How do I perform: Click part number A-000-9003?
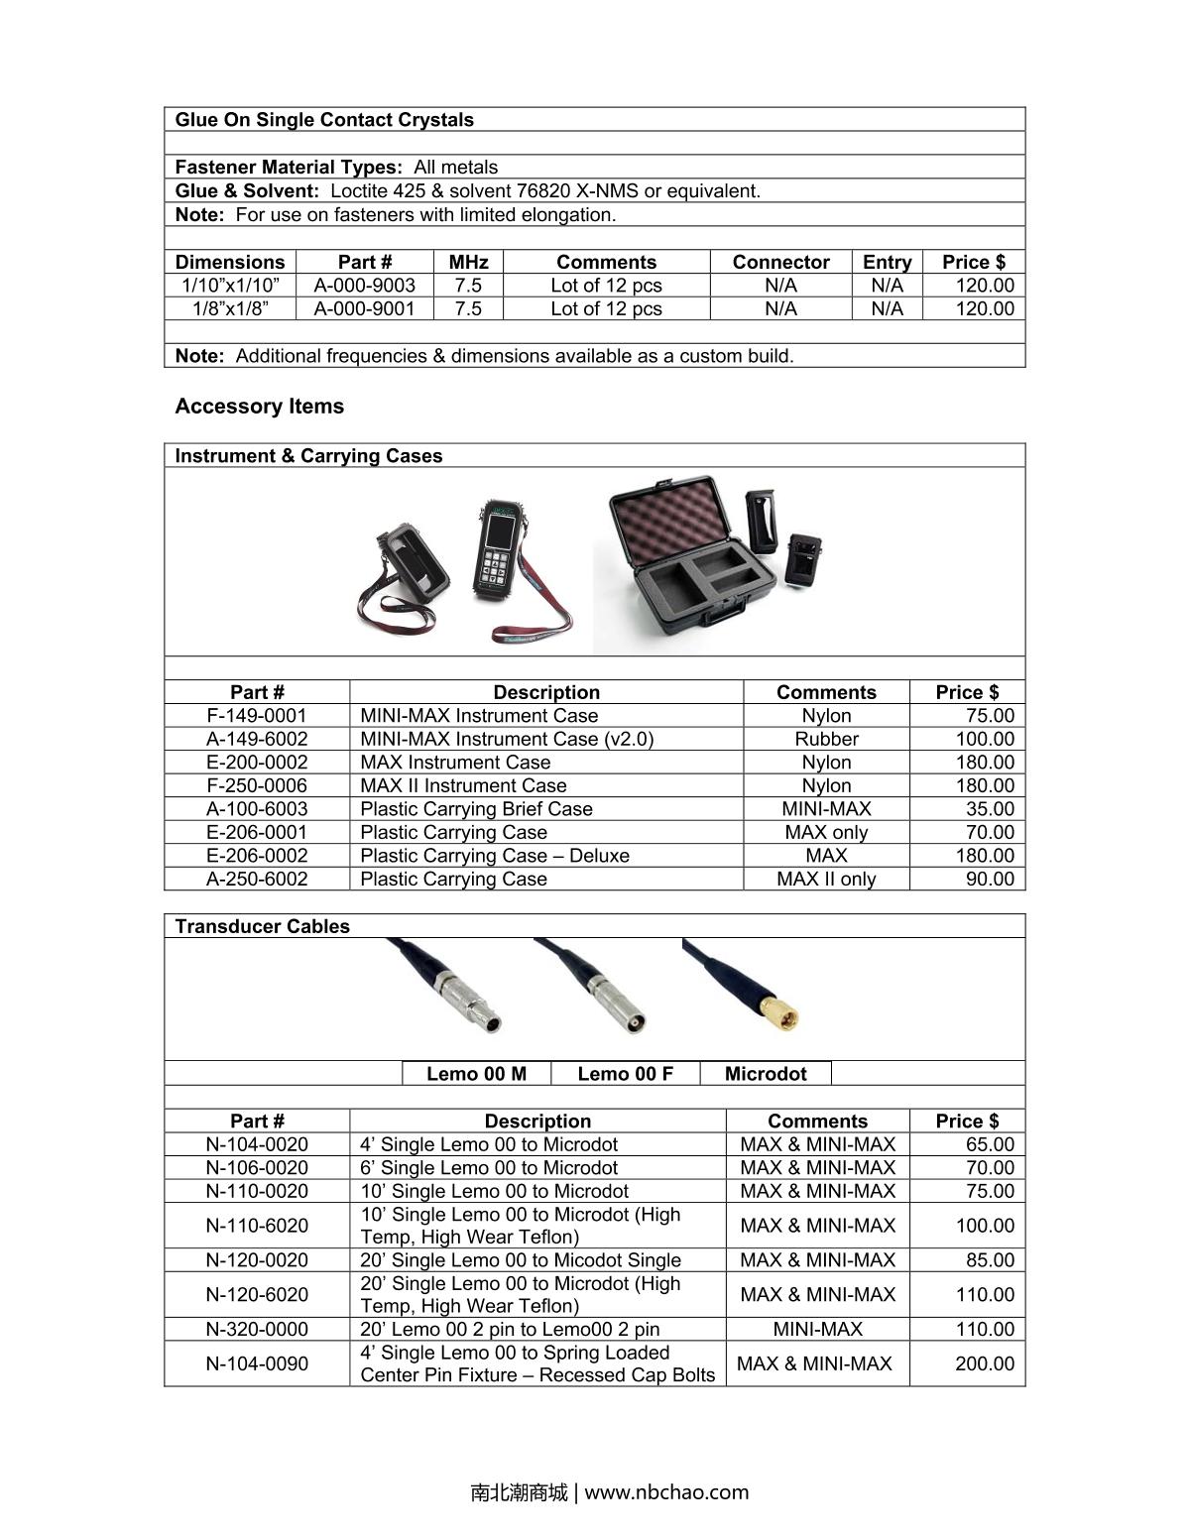pyautogui.click(x=364, y=286)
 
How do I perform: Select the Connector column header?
pyautogui.click(x=780, y=262)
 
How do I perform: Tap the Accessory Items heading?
pyautogui.click(x=259, y=407)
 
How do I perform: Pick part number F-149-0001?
pyautogui.click(x=257, y=716)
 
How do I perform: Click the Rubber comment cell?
pyautogui.click(x=826, y=739)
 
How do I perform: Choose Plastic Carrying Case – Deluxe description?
pyautogui.click(x=494, y=856)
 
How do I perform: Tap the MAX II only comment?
pyautogui.click(x=826, y=879)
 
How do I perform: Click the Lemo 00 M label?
pyautogui.click(x=476, y=1074)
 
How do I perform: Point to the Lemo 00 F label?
pyautogui.click(x=625, y=1074)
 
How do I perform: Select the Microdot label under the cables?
pyautogui.click(x=766, y=1074)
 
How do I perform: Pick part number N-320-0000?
pyautogui.click(x=257, y=1330)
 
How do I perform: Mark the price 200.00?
pyautogui.click(x=984, y=1363)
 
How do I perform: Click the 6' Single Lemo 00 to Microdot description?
pyautogui.click(x=488, y=1168)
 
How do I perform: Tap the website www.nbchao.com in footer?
pyautogui.click(x=666, y=1492)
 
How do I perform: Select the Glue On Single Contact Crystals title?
pyautogui.click(x=324, y=120)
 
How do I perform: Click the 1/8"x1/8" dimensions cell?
pyautogui.click(x=230, y=308)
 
